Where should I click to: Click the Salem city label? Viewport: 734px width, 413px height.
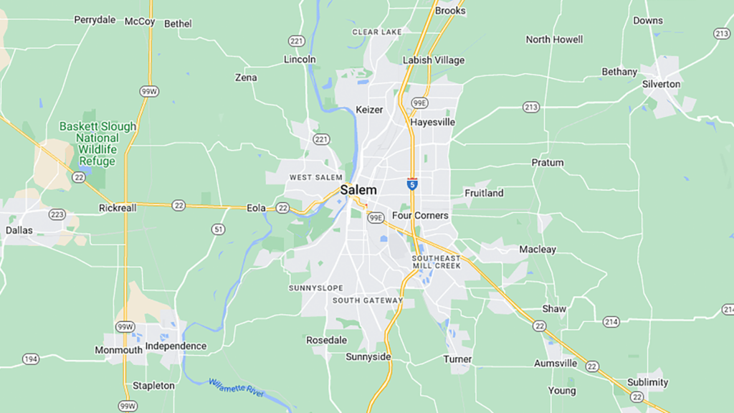click(x=358, y=190)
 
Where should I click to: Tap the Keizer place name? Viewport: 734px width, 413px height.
click(x=369, y=110)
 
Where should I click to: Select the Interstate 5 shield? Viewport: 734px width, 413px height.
click(x=412, y=183)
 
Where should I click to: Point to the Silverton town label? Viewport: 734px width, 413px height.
click(x=661, y=84)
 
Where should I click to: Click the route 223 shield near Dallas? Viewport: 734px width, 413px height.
click(x=57, y=214)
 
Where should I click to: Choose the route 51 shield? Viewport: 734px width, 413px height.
click(x=219, y=229)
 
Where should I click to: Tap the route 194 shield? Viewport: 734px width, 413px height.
click(x=31, y=359)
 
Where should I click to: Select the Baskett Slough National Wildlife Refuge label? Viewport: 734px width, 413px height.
click(x=97, y=143)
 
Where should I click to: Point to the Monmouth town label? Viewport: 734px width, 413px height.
click(x=118, y=350)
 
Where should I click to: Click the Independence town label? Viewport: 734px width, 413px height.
click(x=176, y=346)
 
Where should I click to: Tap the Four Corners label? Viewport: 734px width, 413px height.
click(x=420, y=215)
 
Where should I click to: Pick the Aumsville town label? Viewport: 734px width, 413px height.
click(x=556, y=364)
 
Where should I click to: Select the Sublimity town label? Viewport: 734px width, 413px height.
click(x=647, y=382)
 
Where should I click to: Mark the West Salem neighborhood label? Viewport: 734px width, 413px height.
click(x=315, y=177)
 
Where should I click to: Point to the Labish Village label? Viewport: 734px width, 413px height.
click(x=433, y=60)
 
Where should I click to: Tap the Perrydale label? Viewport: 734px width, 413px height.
click(x=95, y=19)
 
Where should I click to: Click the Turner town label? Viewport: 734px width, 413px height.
click(x=457, y=359)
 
